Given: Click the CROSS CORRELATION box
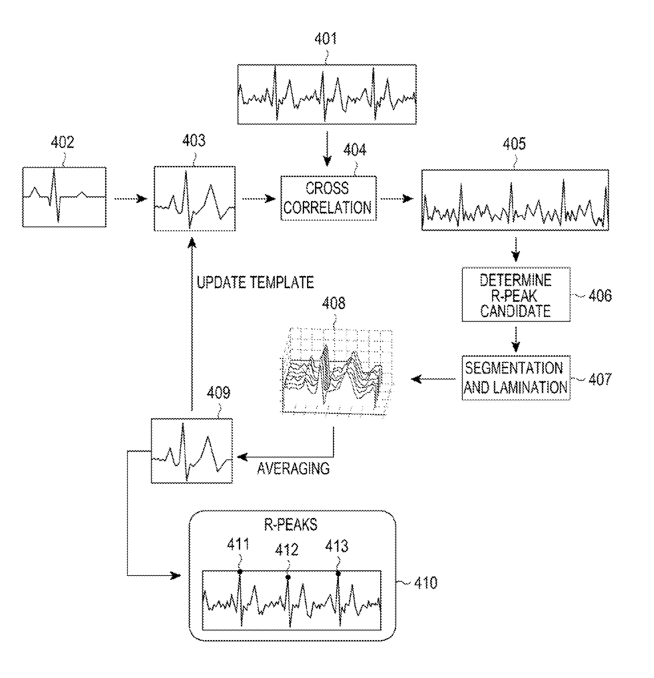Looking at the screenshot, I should (x=328, y=198).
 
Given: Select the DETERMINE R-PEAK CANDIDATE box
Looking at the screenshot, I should (x=516, y=295).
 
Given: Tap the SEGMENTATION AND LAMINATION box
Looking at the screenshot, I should (x=516, y=378).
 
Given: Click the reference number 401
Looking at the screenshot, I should (x=325, y=39).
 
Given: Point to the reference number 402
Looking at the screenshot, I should (x=62, y=142).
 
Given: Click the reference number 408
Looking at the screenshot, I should (x=333, y=303).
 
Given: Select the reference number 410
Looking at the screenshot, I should (x=425, y=583).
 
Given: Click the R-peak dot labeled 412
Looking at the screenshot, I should (x=288, y=577).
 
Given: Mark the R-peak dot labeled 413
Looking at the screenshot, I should (x=338, y=574).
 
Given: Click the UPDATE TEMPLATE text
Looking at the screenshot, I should (x=255, y=282).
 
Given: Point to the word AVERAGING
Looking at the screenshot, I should (x=293, y=469).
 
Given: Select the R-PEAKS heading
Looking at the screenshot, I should (x=290, y=525).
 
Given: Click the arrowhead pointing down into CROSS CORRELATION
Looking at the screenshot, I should (x=327, y=161).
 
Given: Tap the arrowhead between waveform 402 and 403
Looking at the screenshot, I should (x=142, y=199).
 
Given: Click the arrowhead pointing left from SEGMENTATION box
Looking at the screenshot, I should (x=416, y=379).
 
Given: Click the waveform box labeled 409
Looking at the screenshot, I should (x=192, y=451).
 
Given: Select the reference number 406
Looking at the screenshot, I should (x=600, y=296).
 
